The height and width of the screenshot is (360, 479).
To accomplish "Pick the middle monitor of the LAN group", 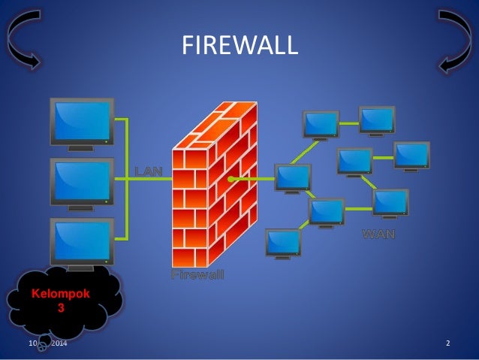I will click(81, 180).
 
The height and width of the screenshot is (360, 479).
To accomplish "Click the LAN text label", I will click(148, 171).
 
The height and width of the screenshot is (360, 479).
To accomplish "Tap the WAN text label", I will click(378, 233).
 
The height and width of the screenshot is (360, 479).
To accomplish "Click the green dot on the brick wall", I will click(231, 179).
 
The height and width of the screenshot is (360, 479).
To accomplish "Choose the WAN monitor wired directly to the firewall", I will click(293, 177).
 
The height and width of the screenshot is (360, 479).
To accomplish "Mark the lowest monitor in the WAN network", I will click(283, 242).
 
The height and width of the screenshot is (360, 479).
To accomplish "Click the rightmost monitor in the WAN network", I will click(412, 155).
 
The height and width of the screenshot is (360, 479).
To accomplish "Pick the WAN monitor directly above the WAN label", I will click(390, 202).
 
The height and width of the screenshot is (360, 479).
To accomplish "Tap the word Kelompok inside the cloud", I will click(59, 294).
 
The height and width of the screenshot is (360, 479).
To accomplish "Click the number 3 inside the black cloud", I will click(60, 307).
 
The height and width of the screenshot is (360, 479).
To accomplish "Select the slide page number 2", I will click(447, 343).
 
